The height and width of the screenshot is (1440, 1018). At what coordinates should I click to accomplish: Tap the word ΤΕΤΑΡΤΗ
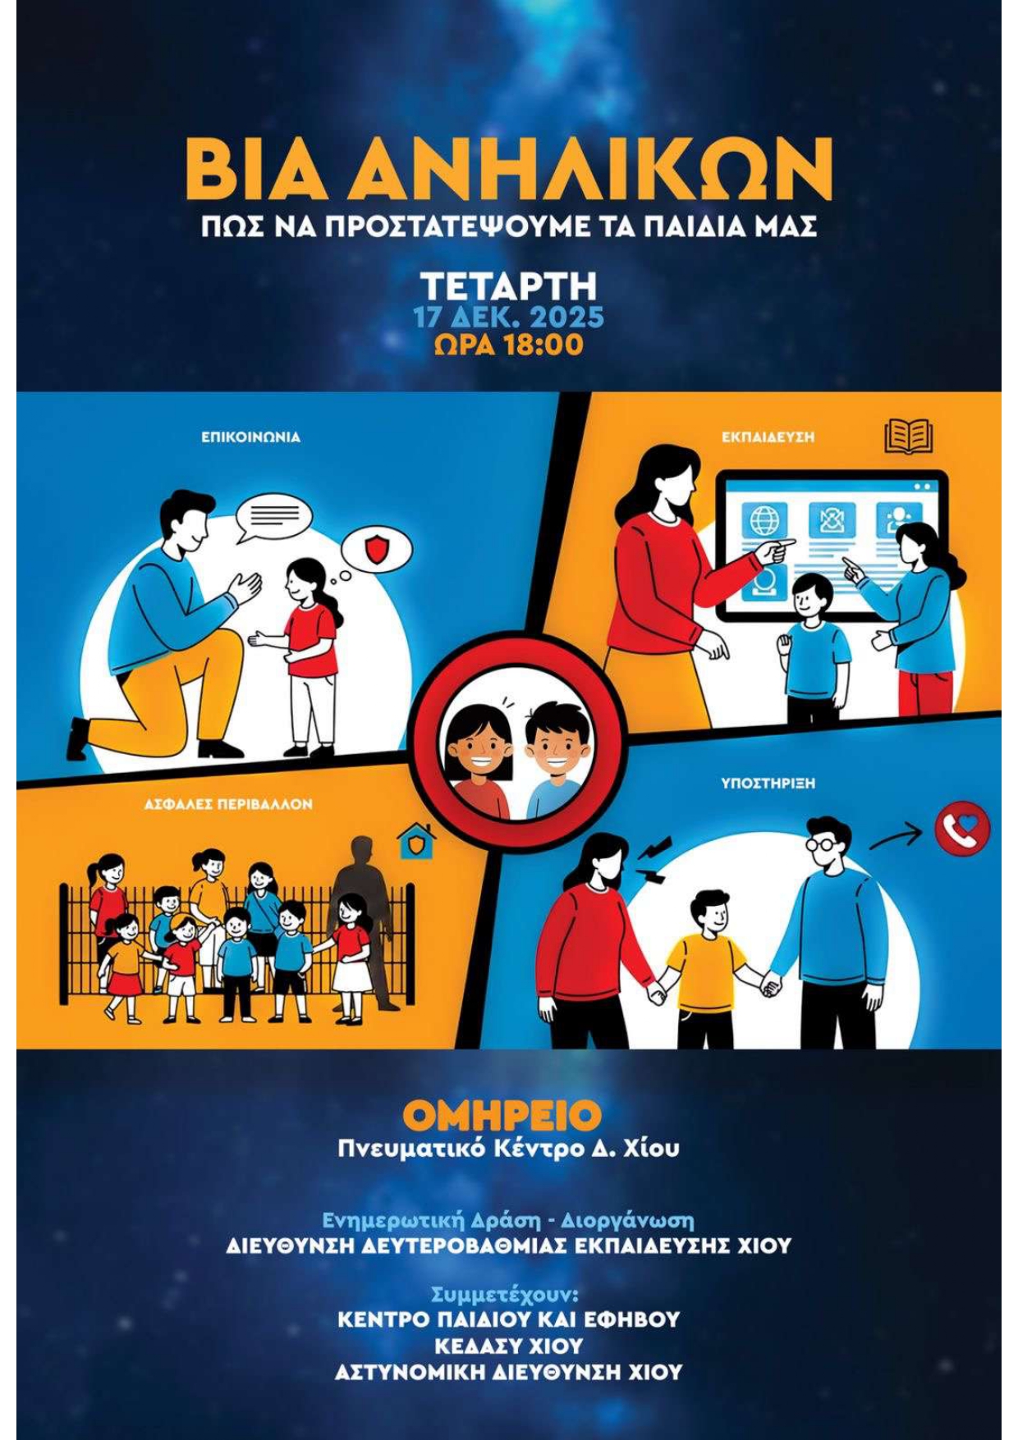pyautogui.click(x=509, y=287)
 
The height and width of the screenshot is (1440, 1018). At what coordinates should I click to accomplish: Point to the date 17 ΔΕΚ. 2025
pyautogui.click(x=509, y=318)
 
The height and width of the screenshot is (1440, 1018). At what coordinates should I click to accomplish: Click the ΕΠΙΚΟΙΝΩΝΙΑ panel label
pyautogui.click(x=251, y=437)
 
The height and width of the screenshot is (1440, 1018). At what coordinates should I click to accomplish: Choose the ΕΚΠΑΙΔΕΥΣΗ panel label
pyautogui.click(x=768, y=437)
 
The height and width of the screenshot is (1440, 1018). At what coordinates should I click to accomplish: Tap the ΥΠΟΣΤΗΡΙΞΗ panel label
pyautogui.click(x=768, y=784)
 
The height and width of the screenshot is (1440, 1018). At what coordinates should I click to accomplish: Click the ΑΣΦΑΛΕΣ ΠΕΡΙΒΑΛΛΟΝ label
pyautogui.click(x=228, y=804)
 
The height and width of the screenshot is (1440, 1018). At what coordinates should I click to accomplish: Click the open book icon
pyautogui.click(x=908, y=437)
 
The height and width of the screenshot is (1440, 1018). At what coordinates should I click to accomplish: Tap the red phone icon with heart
pyautogui.click(x=962, y=830)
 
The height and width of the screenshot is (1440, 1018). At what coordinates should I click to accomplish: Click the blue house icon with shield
pyautogui.click(x=417, y=841)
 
